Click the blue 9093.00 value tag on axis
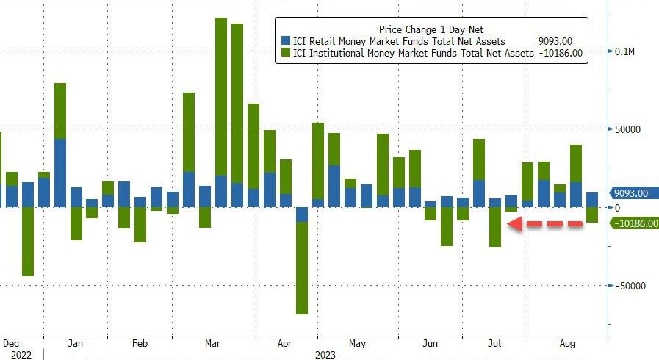coord(631,194)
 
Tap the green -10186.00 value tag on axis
coord(633,223)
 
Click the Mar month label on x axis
coord(213,344)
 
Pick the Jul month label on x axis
coord(495,344)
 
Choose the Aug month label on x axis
coord(567,344)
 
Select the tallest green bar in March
coord(220,96)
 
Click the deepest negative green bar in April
coord(301,267)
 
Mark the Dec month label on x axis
coord(11,344)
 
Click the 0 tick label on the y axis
coord(618,208)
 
